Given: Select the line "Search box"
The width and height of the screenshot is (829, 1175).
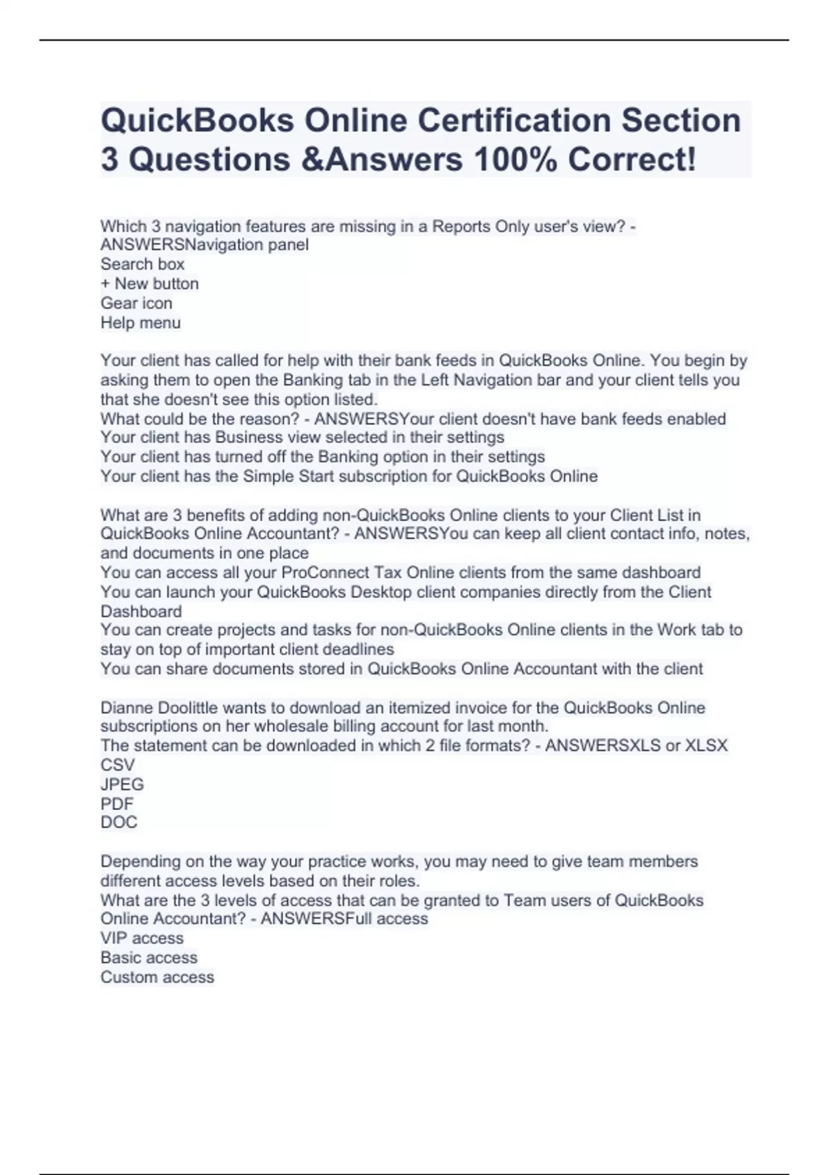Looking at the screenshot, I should click(142, 264).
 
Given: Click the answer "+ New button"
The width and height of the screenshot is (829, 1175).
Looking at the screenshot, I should click(149, 283).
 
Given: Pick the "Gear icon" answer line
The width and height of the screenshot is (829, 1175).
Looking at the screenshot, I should click(136, 303).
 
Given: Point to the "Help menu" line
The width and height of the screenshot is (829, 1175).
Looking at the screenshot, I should click(140, 323).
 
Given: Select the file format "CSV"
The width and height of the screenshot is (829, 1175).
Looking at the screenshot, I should click(117, 765).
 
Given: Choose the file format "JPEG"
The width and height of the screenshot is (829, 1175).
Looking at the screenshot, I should click(122, 784).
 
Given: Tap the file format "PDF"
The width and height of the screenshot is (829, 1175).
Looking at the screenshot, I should click(117, 804).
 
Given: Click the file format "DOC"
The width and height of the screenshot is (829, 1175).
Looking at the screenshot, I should click(119, 822).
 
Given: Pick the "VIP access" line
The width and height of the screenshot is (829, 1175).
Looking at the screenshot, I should click(142, 939).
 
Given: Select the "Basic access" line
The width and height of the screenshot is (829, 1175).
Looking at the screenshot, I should click(149, 958).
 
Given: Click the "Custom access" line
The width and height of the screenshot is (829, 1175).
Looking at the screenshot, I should click(157, 977).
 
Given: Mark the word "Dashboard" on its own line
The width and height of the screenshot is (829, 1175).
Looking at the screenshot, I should click(141, 612).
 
